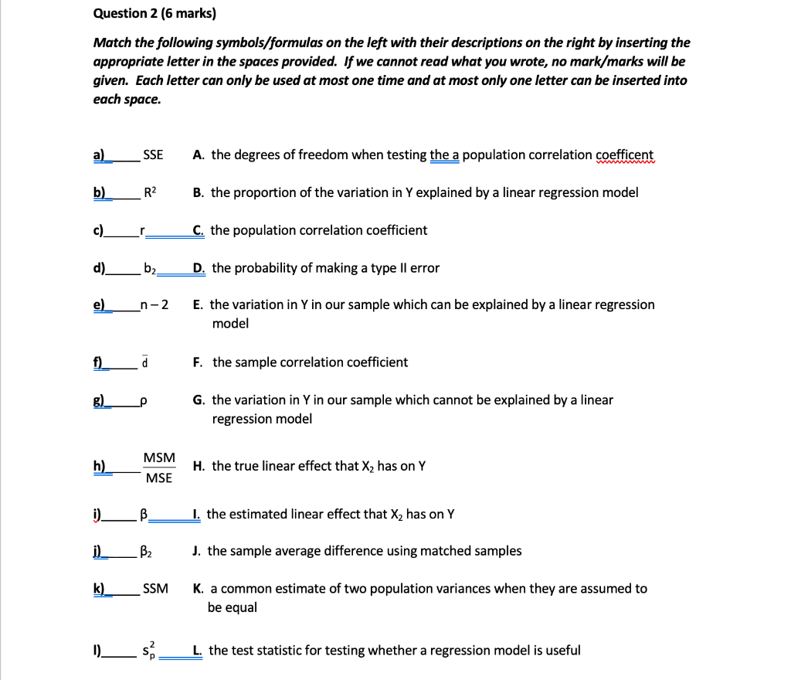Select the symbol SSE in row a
tap(154, 155)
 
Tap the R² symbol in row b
tap(151, 192)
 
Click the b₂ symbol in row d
tap(151, 268)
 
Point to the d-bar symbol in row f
tap(145, 362)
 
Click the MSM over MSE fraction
tap(159, 467)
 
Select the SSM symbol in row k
tap(155, 589)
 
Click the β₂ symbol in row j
tap(147, 551)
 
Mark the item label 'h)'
tap(100, 466)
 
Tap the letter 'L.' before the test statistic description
tap(199, 650)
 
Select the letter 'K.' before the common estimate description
tap(199, 589)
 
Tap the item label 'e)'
tap(100, 305)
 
